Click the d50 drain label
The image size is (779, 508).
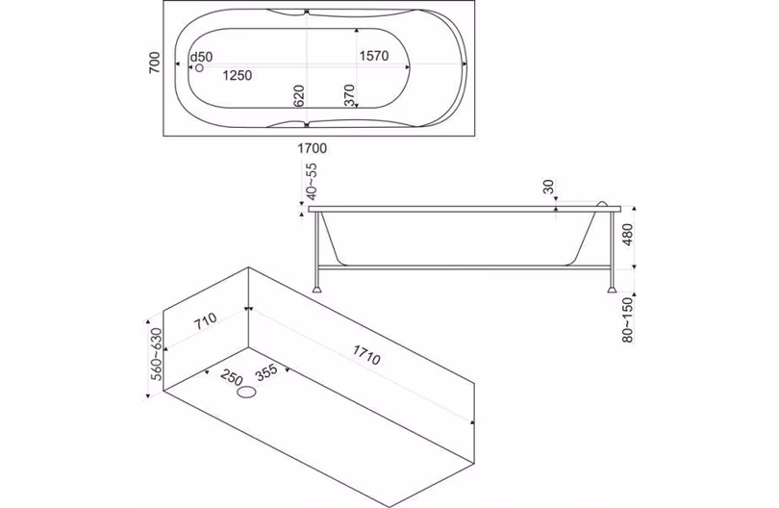201,57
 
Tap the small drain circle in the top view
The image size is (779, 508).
200,68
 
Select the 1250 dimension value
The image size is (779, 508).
238,76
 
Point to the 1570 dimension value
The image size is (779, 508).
373,56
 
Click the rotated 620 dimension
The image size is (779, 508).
298,96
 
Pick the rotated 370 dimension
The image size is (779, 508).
349,95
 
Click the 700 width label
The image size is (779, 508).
155,63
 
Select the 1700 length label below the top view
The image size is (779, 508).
312,148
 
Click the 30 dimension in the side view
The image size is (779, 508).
548,187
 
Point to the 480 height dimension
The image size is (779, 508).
628,235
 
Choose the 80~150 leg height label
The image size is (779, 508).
628,320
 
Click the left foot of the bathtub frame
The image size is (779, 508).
317,288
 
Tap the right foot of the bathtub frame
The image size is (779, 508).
612,288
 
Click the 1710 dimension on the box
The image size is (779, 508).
366,355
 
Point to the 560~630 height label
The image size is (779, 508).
157,354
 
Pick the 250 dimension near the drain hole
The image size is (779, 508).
232,378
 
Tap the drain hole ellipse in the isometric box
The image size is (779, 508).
247,393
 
